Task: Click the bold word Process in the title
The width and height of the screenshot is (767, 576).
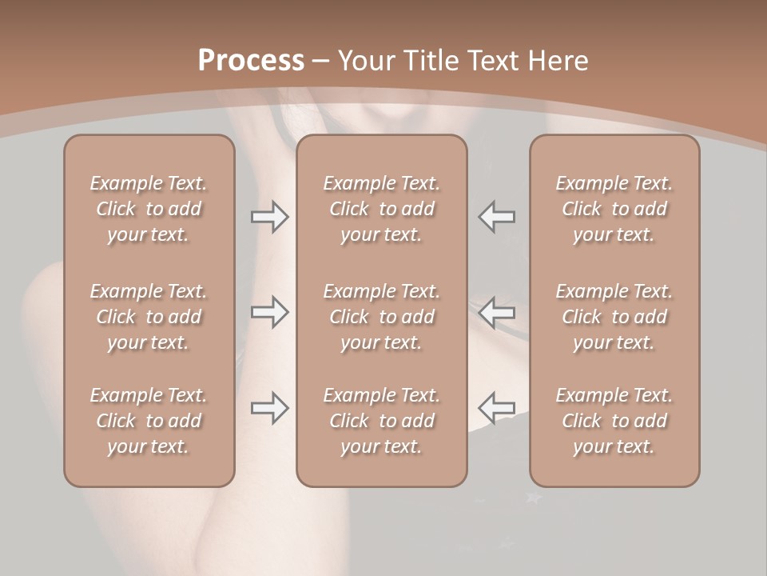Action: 251,61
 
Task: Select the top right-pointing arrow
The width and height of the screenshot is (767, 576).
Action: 269,217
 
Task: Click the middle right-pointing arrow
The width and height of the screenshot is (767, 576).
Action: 269,312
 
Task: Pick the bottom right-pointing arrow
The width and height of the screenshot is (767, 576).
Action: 269,408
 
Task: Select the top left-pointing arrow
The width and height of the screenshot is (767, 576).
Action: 496,217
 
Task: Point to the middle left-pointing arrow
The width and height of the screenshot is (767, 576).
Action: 496,312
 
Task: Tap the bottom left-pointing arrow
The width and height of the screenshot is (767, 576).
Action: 496,408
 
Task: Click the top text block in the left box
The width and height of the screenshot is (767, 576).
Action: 149,209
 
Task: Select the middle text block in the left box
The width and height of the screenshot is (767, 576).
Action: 149,317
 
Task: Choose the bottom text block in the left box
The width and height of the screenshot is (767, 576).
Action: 149,421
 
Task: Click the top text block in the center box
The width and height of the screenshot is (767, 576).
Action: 381,209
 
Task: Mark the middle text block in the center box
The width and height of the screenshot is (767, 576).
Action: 381,317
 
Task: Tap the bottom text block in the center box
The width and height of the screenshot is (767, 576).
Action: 381,421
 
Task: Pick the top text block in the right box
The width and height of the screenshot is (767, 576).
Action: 614,209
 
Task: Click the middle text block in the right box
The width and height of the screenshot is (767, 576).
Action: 614,317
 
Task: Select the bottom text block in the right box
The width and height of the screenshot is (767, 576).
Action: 614,421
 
